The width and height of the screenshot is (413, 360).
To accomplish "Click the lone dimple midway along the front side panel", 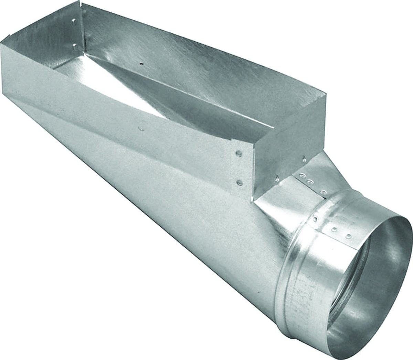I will [140, 129].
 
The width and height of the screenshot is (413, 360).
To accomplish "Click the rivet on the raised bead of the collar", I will [315, 218].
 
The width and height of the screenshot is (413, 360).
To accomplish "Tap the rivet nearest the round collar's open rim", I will [349, 236].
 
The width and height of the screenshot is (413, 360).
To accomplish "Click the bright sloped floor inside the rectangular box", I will [131, 79].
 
